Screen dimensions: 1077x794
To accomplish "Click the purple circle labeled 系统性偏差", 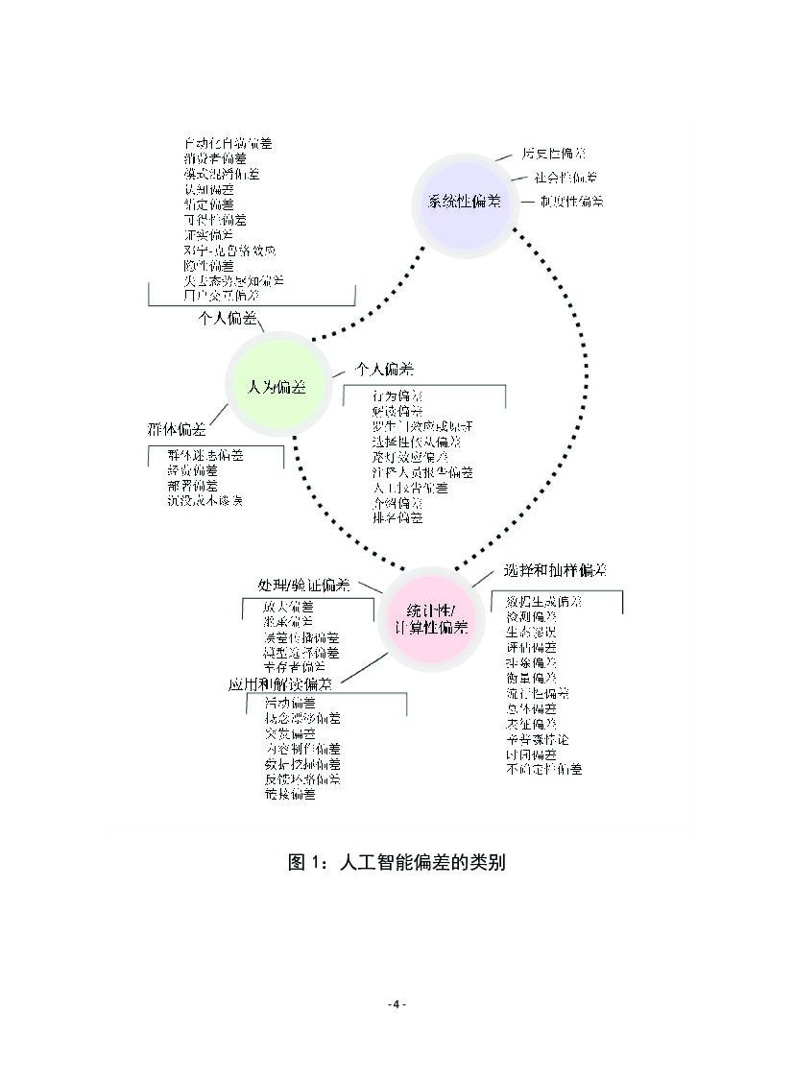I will click(x=464, y=203).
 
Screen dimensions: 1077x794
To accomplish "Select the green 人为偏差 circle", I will click(x=277, y=387).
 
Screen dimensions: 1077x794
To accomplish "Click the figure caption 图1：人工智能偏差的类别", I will click(x=397, y=862).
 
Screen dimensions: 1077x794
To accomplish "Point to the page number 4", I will click(x=397, y=1004).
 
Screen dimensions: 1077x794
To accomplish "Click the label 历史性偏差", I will click(x=554, y=153).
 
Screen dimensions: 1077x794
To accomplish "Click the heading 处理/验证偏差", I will click(x=302, y=585).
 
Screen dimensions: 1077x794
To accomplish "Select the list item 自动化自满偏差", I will click(x=228, y=143).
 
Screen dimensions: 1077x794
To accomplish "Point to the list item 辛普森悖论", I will click(x=537, y=739).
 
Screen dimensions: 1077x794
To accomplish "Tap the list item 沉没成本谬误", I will click(x=205, y=501).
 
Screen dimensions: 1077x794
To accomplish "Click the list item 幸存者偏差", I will click(x=295, y=666).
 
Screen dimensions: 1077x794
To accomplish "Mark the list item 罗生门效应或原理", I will click(x=422, y=426).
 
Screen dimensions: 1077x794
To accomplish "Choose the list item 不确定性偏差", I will click(x=543, y=769).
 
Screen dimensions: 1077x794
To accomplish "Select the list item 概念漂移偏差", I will click(x=301, y=718).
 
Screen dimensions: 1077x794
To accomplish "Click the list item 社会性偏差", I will click(x=565, y=178).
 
